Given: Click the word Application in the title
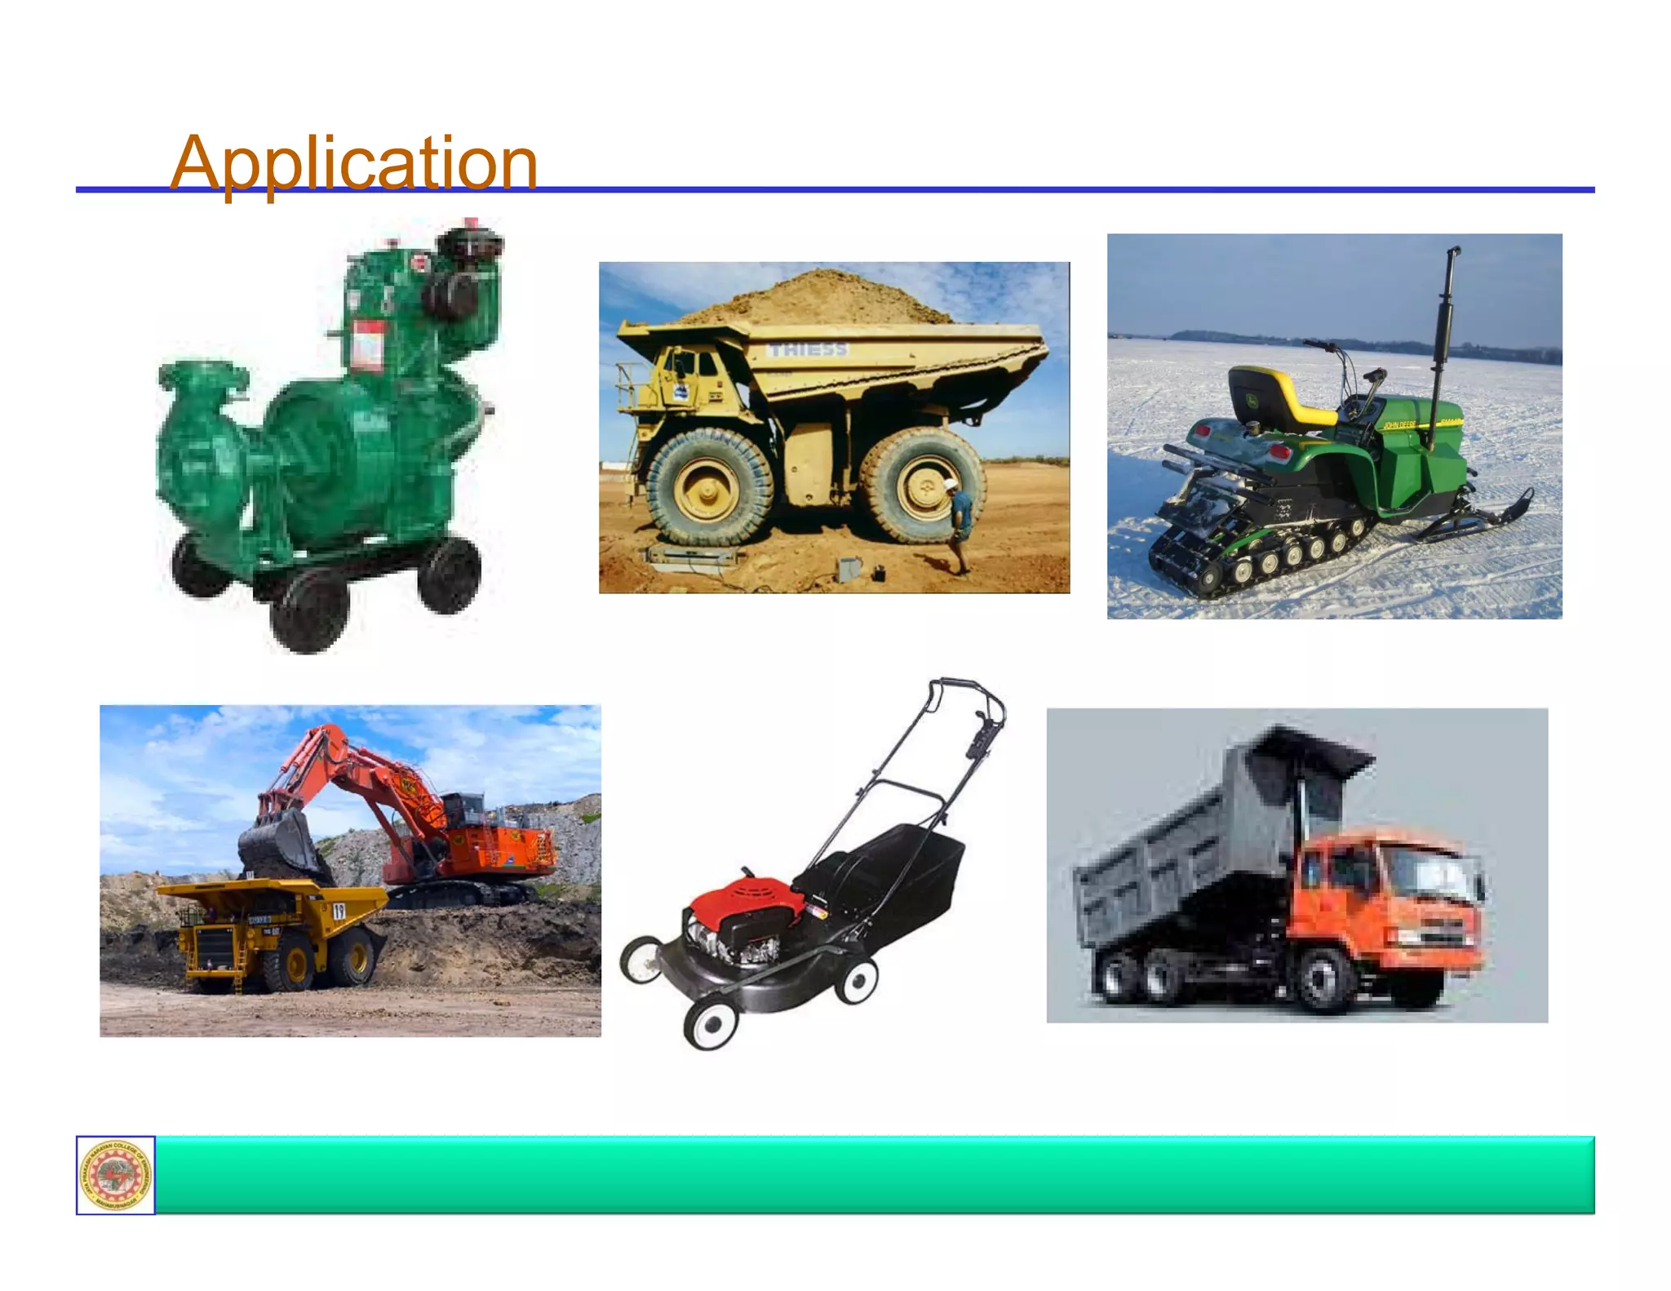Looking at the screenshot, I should tap(353, 162).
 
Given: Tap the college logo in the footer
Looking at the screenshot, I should tap(116, 1174).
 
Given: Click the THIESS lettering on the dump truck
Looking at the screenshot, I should tap(808, 349).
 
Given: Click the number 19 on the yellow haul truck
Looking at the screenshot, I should tap(339, 911).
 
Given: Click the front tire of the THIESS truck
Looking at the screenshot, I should tap(708, 487).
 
